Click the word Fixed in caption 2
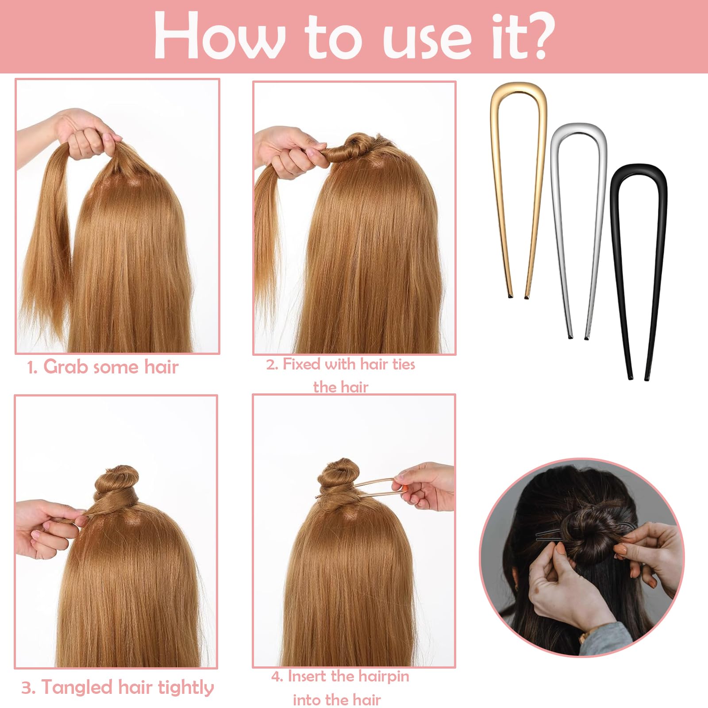point(301,364)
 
